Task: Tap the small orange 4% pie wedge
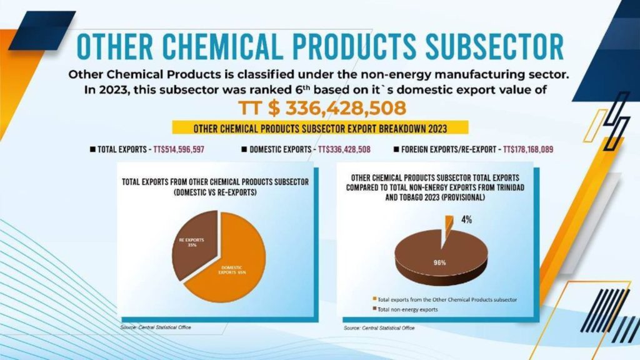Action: (x=448, y=222)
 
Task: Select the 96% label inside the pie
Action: (x=440, y=262)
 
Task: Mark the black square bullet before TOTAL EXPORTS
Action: (x=93, y=150)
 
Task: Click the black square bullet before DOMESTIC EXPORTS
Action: (x=244, y=150)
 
